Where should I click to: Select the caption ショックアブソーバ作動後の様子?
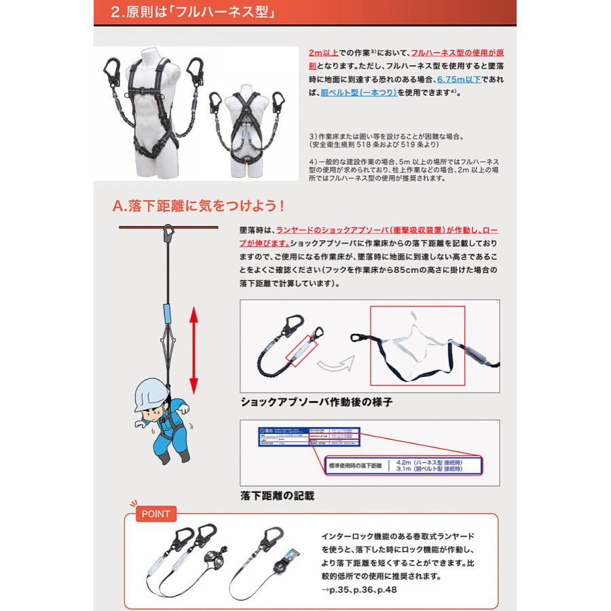click(316, 402)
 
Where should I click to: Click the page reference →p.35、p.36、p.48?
click(359, 589)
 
